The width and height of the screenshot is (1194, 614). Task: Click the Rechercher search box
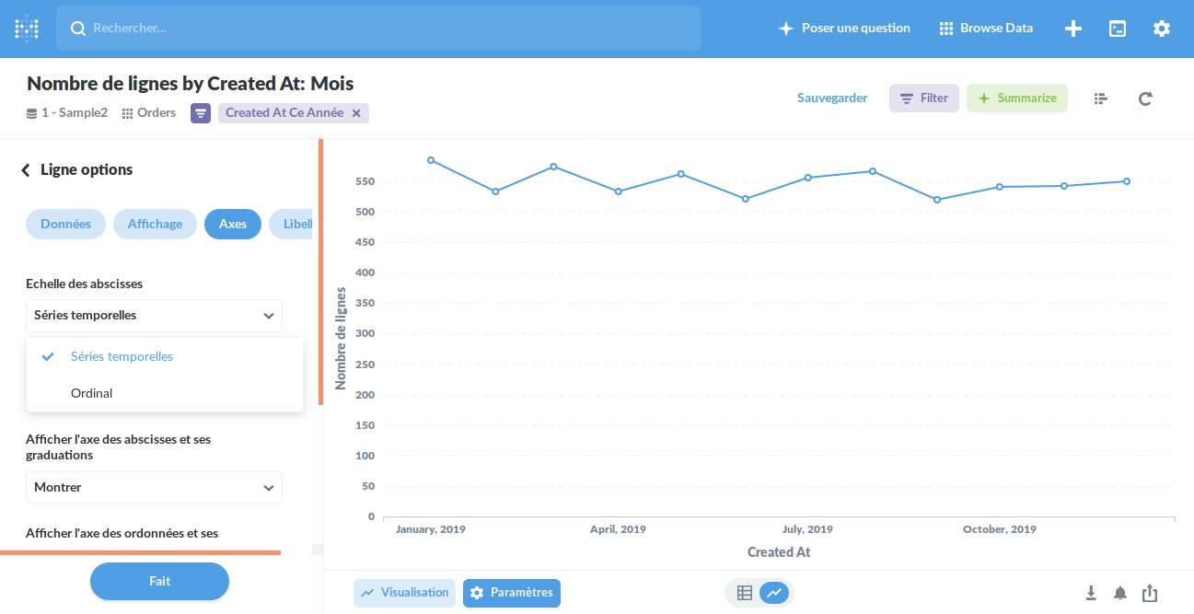[x=377, y=29]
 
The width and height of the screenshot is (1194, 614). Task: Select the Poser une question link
[x=844, y=29]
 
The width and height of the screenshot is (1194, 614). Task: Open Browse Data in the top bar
[x=986, y=29]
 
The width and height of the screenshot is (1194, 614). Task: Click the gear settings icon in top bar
[x=1162, y=29]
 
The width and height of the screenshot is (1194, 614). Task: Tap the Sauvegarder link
[x=832, y=98]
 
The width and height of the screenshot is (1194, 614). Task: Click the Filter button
[x=924, y=98]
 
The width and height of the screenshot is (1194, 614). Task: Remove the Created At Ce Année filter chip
[x=356, y=113]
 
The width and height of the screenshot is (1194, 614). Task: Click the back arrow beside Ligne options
[x=26, y=170]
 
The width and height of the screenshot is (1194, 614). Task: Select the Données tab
[x=65, y=224]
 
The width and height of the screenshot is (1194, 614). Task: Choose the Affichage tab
[x=155, y=224]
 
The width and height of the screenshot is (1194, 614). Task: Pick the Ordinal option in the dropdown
[x=92, y=393]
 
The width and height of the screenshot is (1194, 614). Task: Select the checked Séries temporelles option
[x=122, y=356]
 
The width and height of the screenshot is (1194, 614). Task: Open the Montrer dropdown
[x=154, y=488]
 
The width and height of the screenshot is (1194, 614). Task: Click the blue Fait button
[x=159, y=581]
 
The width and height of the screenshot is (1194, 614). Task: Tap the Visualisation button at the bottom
[x=404, y=593]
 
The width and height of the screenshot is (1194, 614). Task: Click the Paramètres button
[x=512, y=593]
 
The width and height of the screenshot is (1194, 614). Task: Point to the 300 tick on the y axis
[x=365, y=334]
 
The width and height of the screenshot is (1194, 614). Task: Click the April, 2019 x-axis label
[x=618, y=530]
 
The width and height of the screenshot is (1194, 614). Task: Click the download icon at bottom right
[x=1091, y=593]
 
